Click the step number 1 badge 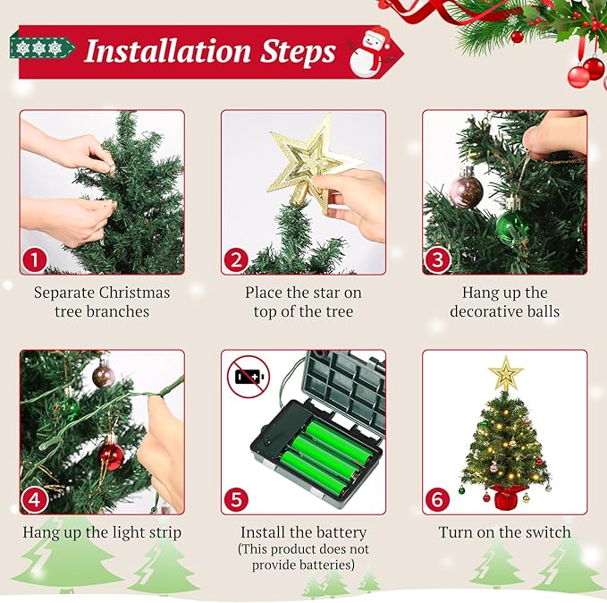[34, 260]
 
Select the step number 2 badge [236, 260]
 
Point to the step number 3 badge [437, 260]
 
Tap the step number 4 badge [34, 499]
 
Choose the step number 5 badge [236, 499]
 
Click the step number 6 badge [437, 499]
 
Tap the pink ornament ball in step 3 [466, 190]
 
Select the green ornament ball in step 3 [512, 225]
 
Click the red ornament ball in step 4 [111, 454]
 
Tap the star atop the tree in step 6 [505, 372]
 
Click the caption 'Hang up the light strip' [102, 532]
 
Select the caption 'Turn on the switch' [504, 532]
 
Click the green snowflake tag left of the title [30, 47]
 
